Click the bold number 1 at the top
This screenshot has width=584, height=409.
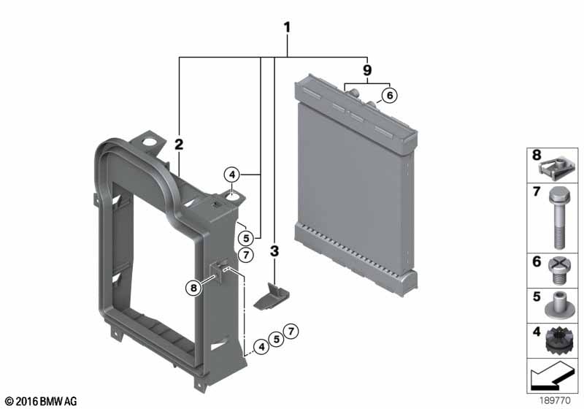tap(287, 27)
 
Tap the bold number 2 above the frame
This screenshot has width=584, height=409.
tap(179, 144)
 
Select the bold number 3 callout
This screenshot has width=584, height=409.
tap(274, 251)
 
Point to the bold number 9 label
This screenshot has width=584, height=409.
tap(367, 69)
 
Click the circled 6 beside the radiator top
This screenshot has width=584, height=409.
tap(390, 96)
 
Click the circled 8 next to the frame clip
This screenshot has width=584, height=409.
tap(193, 288)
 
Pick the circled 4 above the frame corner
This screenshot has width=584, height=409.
tap(232, 175)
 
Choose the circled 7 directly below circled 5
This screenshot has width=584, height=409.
tap(246, 255)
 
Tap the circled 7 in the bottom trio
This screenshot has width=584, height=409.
tap(291, 331)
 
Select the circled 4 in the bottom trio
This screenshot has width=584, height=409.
tap(262, 347)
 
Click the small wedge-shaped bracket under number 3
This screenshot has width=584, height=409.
tap(272, 296)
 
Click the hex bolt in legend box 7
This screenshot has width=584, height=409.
tap(558, 218)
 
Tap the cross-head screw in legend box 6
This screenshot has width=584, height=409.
tap(558, 271)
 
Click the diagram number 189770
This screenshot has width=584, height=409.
tap(555, 401)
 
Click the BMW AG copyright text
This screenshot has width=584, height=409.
tap(42, 402)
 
